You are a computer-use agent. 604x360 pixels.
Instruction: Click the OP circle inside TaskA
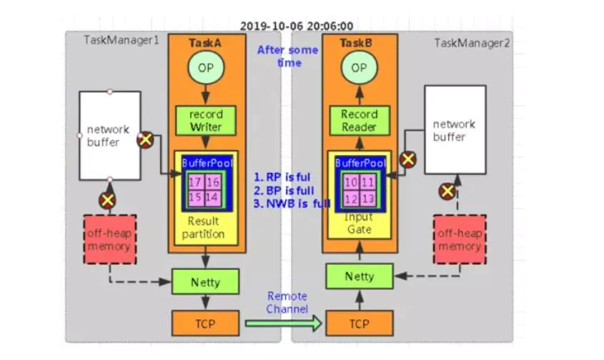[x=206, y=69]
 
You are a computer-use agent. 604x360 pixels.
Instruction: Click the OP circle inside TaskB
[x=360, y=69]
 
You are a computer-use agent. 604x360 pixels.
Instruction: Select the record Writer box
[x=206, y=120]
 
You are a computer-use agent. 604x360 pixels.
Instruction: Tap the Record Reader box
[x=360, y=120]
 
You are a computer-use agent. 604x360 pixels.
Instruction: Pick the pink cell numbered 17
[x=195, y=183]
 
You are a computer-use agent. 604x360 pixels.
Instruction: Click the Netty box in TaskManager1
[x=206, y=281]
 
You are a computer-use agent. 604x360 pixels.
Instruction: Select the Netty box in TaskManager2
[x=360, y=276]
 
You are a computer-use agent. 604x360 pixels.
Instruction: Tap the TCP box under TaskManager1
[x=206, y=324]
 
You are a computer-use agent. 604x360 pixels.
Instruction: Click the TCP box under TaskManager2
[x=360, y=324]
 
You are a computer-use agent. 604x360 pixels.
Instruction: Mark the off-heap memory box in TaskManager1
[x=109, y=240]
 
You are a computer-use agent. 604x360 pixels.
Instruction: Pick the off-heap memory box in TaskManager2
[x=460, y=240]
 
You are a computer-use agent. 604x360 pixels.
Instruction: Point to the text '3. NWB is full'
[x=292, y=204]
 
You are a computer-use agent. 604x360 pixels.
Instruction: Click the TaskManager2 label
[x=472, y=43]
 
